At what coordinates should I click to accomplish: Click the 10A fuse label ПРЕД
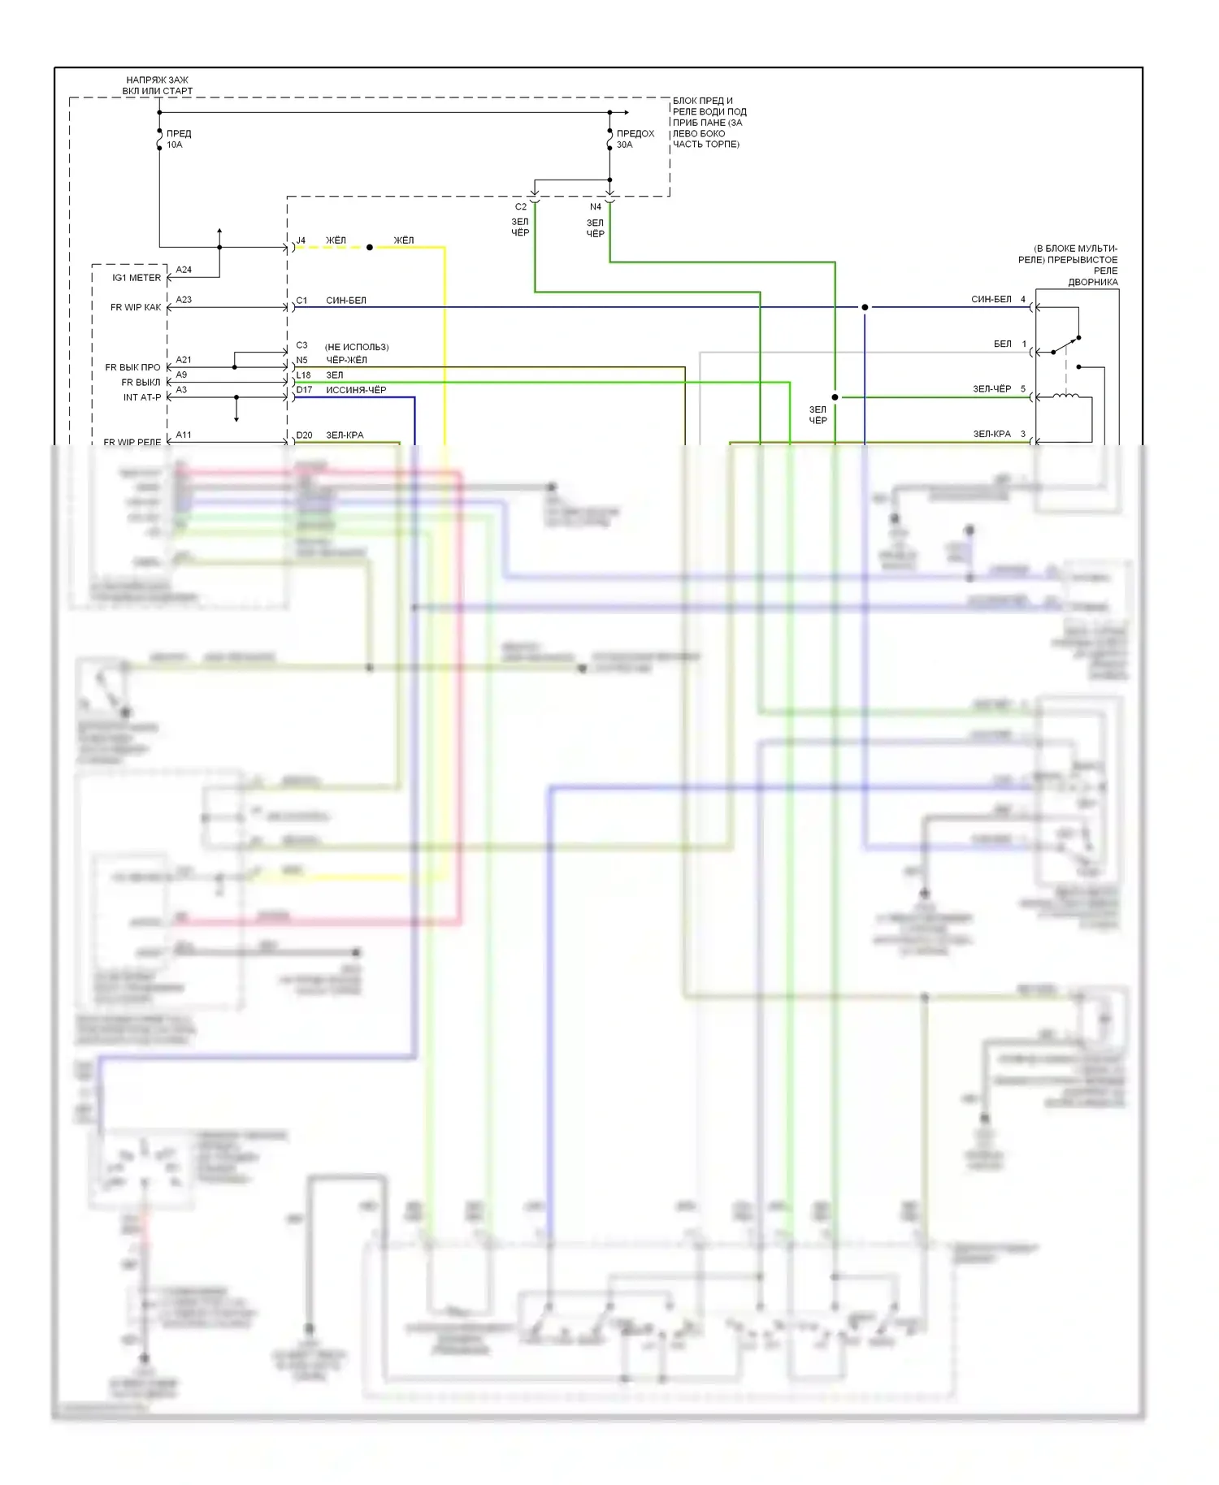(179, 133)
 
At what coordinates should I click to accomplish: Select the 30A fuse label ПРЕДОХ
(635, 133)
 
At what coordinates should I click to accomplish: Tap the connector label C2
(521, 207)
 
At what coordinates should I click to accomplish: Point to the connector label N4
(596, 207)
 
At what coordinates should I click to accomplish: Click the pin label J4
(301, 240)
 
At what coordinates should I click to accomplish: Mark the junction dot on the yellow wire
(370, 247)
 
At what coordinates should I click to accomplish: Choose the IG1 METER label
(137, 278)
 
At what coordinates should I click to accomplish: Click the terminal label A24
(184, 270)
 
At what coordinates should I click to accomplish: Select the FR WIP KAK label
(136, 307)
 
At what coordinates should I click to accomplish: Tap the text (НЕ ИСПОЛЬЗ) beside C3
(357, 347)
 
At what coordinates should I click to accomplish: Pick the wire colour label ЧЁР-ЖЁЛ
(346, 360)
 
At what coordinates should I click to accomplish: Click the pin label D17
(304, 390)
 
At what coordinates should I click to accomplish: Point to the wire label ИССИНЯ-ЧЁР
(356, 390)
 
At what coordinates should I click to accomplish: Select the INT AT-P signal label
(142, 397)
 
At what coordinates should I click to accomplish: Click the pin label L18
(303, 375)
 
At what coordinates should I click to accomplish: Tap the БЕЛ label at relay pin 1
(1003, 344)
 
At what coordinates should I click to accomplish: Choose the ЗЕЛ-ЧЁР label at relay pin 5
(992, 389)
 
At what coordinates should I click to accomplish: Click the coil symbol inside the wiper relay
(1065, 396)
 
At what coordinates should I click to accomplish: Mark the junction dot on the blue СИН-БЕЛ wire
(865, 307)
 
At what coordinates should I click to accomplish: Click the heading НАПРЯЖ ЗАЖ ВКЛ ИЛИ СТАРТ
(158, 85)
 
